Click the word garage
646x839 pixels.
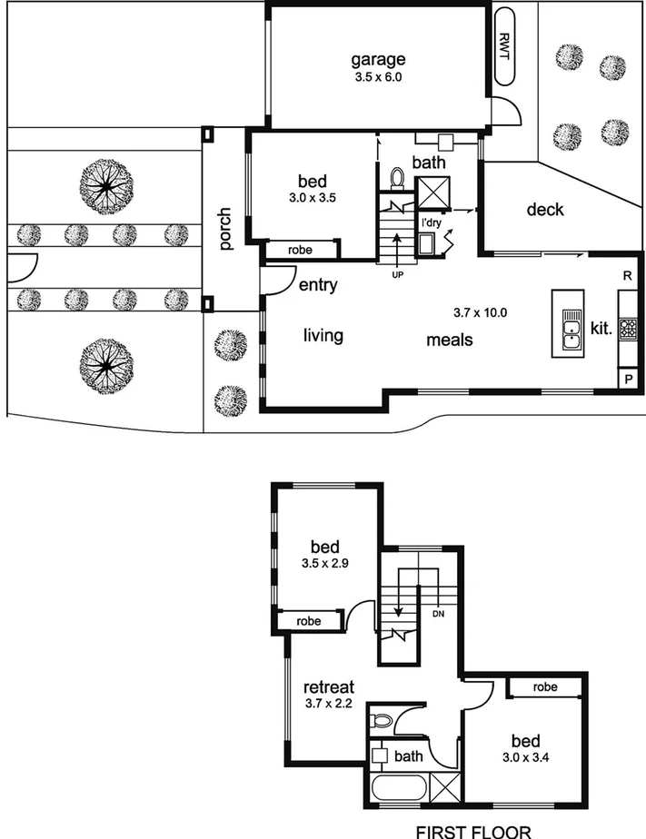[x=378, y=61]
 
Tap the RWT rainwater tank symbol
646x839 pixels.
[x=505, y=45]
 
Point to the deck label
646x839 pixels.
[x=545, y=210]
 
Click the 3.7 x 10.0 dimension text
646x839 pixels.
[x=479, y=313]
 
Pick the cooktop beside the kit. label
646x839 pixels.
[x=628, y=328]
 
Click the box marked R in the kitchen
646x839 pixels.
[x=628, y=274]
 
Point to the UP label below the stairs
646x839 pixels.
[x=397, y=273]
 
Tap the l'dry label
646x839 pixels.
[x=430, y=222]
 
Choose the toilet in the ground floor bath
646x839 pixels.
[x=397, y=178]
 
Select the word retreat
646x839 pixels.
[x=328, y=686]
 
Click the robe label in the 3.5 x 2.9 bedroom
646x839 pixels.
[x=309, y=621]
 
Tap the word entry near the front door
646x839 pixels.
[x=318, y=285]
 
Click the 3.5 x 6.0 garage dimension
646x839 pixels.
[x=378, y=78]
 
